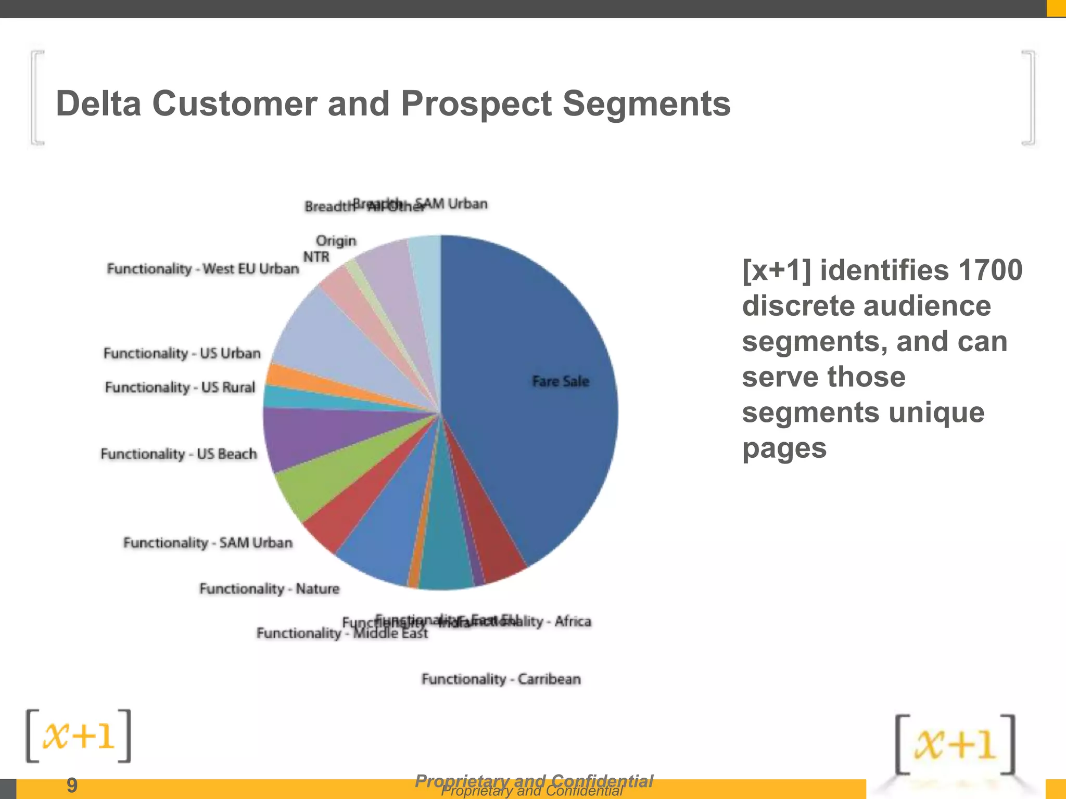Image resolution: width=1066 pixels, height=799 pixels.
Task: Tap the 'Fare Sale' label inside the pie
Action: (561, 381)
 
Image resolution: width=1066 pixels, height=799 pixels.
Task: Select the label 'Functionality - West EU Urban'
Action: (203, 269)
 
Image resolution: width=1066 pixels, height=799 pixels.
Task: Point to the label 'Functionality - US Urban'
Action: (182, 353)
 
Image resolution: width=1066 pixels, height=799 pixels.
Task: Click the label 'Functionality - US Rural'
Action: (180, 388)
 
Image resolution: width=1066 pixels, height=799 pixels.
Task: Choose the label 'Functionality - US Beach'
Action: (179, 454)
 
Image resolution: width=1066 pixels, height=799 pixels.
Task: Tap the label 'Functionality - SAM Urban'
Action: (208, 543)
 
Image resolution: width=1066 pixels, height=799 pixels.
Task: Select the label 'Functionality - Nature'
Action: (269, 589)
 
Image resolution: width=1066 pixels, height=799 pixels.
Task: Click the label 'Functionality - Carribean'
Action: (501, 679)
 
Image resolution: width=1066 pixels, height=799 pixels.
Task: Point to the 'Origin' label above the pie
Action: (336, 241)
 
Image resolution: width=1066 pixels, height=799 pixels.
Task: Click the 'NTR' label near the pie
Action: (316, 257)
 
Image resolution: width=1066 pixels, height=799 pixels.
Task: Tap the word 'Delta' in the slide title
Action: (98, 104)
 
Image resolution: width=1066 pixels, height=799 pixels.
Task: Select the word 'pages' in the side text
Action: (784, 448)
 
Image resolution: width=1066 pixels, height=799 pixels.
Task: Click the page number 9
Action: (72, 785)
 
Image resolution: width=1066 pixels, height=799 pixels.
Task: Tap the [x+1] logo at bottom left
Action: (79, 736)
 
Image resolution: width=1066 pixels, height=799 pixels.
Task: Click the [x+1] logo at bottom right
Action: (955, 744)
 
